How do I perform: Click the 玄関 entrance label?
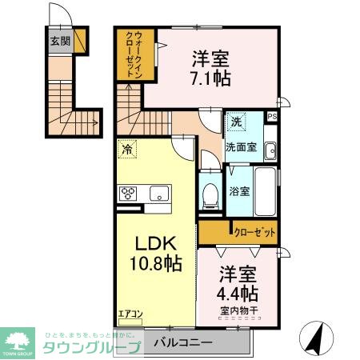(61, 42)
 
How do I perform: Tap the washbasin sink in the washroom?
(270, 149)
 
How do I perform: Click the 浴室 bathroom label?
(239, 192)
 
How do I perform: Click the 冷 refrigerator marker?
(126, 149)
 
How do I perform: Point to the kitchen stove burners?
(130, 193)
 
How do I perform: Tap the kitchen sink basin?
(158, 193)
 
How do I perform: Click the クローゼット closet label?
(255, 232)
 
